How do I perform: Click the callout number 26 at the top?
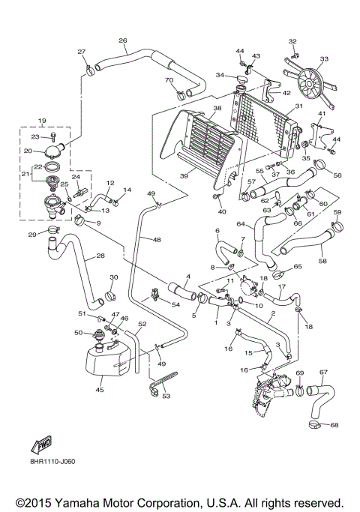click(123, 40)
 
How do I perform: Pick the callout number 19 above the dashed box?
click(43, 121)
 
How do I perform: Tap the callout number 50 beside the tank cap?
click(78, 332)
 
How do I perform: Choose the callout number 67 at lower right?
click(323, 372)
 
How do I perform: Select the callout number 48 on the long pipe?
click(156, 240)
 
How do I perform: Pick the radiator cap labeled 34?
click(241, 79)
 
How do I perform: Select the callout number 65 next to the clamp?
click(297, 266)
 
